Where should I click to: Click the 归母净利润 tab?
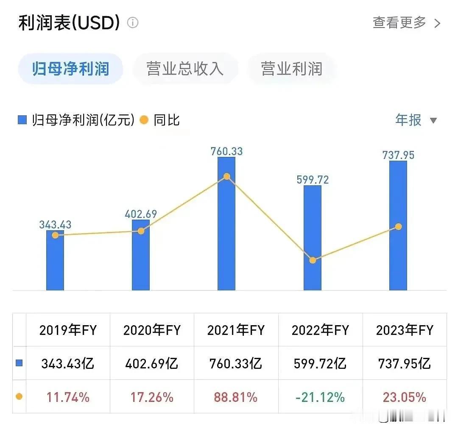point(70,69)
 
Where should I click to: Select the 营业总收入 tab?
point(185,69)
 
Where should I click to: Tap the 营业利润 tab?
point(292,69)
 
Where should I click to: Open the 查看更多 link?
point(406,23)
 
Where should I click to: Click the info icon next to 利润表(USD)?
point(133,23)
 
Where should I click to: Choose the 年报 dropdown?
point(416,120)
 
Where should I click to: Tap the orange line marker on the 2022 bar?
point(313,260)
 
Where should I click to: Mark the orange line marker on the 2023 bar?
point(398,227)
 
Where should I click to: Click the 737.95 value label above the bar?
point(398,155)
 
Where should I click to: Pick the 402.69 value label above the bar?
point(141,214)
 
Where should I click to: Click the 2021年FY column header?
point(236,330)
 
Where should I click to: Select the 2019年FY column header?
point(68,330)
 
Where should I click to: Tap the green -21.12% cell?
point(321,397)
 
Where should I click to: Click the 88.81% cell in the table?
point(236,397)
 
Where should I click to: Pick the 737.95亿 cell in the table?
point(404,363)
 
